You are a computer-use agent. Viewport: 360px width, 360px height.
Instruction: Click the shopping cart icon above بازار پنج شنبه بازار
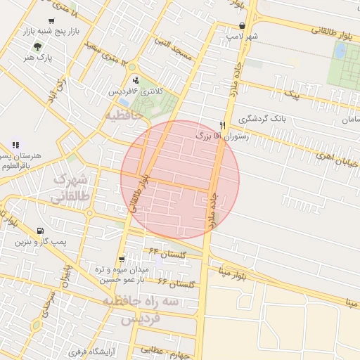51,21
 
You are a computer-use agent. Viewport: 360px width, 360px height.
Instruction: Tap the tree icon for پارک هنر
36,46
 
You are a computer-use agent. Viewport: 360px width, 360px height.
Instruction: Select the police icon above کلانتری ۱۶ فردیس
135,79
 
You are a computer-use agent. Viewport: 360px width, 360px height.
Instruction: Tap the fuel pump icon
39,231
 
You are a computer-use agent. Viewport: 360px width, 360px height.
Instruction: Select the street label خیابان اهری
335,160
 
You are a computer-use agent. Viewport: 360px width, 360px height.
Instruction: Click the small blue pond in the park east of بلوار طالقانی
340,51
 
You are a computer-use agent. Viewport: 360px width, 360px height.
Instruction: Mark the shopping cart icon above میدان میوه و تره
123,259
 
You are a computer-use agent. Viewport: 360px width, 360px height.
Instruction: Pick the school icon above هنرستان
15,145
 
